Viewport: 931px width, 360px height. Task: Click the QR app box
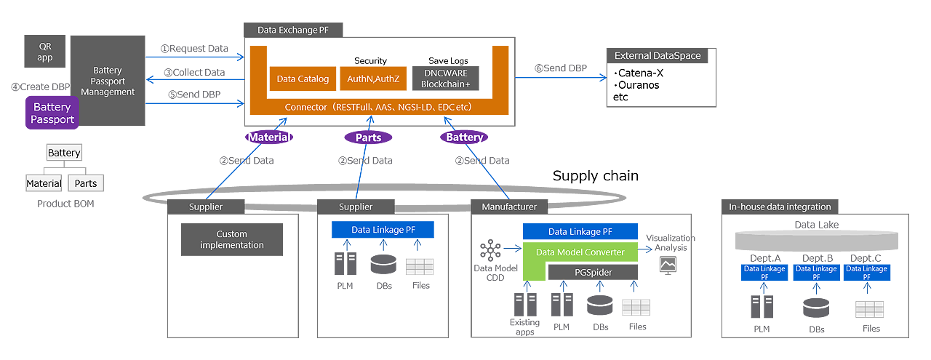(x=45, y=52)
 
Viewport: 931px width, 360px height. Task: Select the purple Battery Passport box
(x=52, y=113)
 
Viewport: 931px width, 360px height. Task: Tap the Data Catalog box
(x=303, y=79)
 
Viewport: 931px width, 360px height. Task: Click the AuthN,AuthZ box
(x=372, y=79)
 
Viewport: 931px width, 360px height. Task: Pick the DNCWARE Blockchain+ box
(x=446, y=79)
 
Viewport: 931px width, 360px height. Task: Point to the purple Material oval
(x=268, y=137)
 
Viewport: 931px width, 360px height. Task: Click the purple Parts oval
(x=368, y=137)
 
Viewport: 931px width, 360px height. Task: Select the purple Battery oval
(x=464, y=137)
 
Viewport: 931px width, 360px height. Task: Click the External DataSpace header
(x=658, y=56)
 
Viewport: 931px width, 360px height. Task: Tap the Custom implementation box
(x=231, y=239)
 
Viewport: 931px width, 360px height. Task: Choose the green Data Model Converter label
(x=580, y=252)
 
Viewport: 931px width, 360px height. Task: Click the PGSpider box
(x=592, y=272)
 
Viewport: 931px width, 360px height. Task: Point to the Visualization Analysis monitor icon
(x=667, y=265)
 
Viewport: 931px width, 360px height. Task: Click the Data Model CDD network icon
(x=491, y=251)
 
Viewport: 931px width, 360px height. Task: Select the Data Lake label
(x=816, y=225)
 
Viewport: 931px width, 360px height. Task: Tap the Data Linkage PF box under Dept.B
(x=816, y=273)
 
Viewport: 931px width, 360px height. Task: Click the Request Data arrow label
(x=194, y=49)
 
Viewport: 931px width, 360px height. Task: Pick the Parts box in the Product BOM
(x=86, y=183)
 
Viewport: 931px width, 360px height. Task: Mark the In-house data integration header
(x=779, y=207)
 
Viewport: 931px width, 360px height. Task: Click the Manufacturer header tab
(x=509, y=207)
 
